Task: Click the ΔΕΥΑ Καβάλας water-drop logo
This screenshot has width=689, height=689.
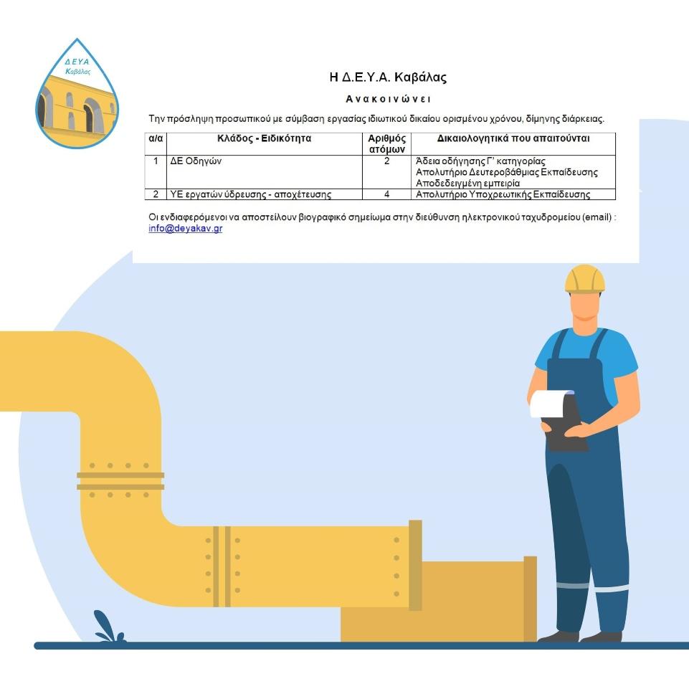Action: pos(77,94)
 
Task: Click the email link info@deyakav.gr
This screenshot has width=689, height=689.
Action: pos(186,228)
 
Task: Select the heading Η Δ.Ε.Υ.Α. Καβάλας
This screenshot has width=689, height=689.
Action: pos(388,77)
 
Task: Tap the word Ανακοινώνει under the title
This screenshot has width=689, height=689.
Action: pos(388,99)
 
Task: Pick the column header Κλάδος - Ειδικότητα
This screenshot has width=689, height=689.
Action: pos(264,138)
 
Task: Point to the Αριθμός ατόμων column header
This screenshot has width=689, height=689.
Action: pos(386,143)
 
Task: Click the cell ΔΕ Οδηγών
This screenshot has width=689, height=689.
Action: pos(196,161)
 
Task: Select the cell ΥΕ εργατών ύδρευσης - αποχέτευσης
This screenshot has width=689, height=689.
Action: pos(250,194)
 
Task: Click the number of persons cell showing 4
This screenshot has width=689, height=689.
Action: pos(386,194)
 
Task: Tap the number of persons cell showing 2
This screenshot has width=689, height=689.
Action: pos(386,161)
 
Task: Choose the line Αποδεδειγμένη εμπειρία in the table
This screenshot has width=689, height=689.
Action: pos(467,184)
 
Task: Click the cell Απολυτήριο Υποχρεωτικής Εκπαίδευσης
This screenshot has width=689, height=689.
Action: pos(503,194)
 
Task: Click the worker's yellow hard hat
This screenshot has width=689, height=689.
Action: pos(585,279)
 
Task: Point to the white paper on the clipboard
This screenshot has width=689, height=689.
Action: pos(549,404)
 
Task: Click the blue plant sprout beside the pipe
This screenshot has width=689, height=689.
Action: pos(108,627)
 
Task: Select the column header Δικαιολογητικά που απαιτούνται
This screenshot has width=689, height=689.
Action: pos(513,138)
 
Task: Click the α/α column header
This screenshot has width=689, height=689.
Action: pos(156,138)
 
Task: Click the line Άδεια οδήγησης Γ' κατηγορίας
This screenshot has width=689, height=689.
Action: pos(480,161)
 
